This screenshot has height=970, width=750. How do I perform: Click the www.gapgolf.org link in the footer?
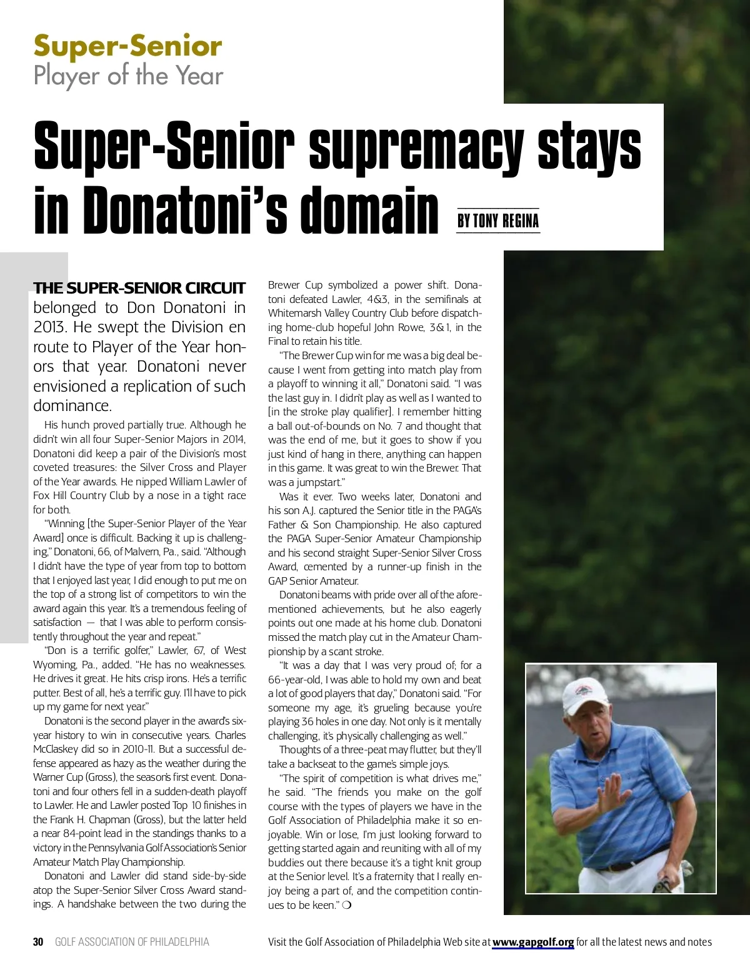click(x=532, y=942)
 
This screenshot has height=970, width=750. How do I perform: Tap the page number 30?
click(x=38, y=942)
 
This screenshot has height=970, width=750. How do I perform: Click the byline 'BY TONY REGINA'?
click(x=497, y=221)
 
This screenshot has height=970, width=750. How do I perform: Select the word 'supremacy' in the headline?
click(x=416, y=147)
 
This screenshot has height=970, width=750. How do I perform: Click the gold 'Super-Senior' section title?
click(x=127, y=47)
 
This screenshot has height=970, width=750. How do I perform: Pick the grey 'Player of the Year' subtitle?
click(x=128, y=76)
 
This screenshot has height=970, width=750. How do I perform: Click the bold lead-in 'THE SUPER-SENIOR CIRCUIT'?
click(x=139, y=288)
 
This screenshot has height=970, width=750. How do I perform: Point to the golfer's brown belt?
click(x=625, y=866)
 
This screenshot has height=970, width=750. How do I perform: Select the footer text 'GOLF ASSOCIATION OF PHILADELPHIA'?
click(x=132, y=942)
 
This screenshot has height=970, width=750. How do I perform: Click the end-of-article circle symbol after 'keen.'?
click(x=347, y=905)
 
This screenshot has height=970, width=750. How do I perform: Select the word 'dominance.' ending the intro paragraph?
click(x=72, y=406)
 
